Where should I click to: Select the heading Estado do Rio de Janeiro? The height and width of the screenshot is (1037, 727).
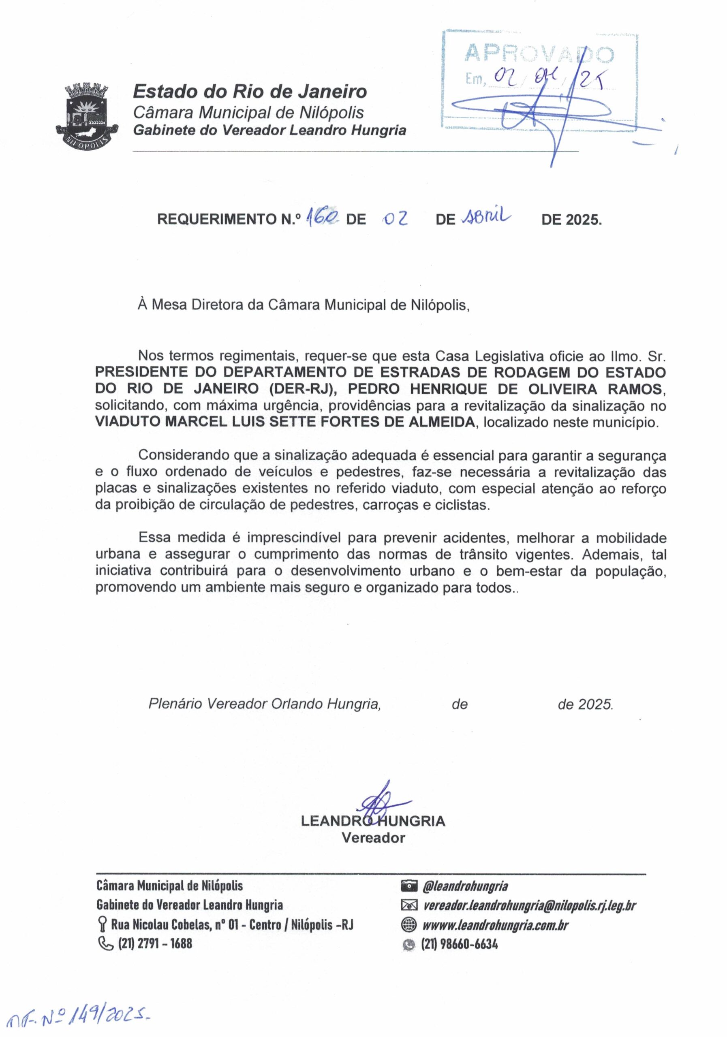249,92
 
